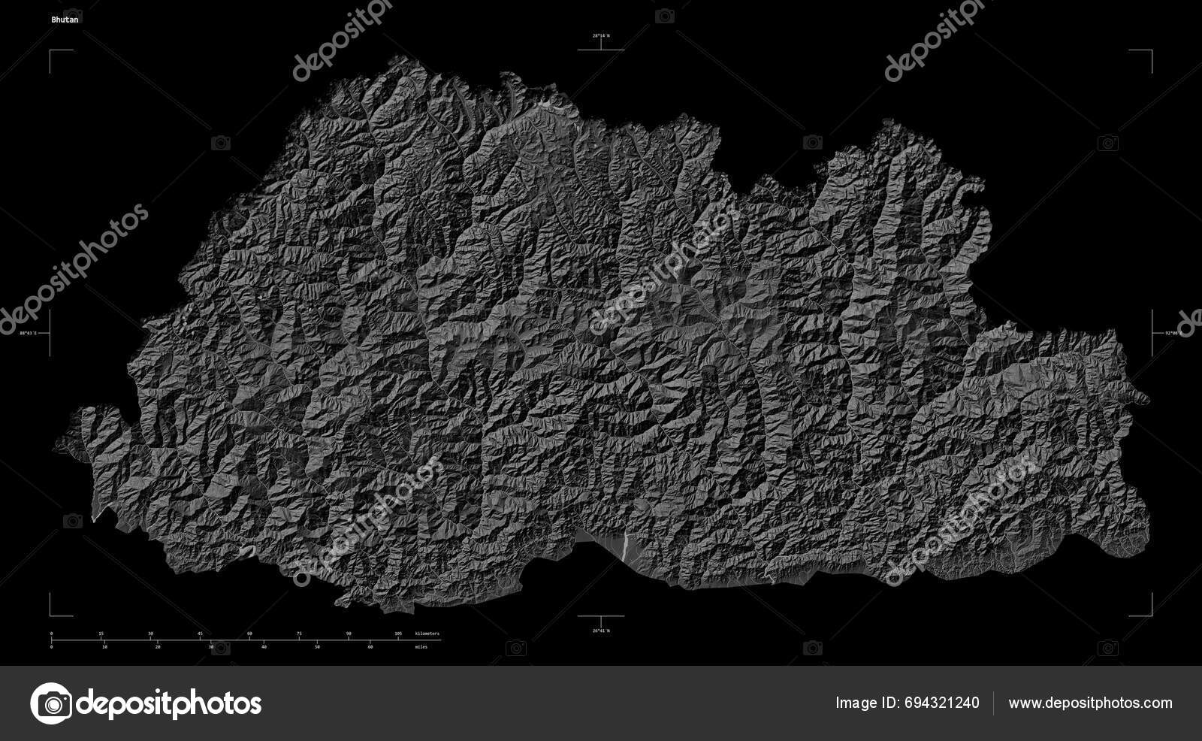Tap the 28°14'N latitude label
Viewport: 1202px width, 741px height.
pyautogui.click(x=600, y=36)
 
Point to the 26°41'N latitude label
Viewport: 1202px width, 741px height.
pyautogui.click(x=600, y=630)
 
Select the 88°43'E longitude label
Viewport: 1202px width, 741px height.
pyautogui.click(x=29, y=332)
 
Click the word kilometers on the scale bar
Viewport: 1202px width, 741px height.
pyautogui.click(x=427, y=634)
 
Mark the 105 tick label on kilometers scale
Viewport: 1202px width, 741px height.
pyautogui.click(x=398, y=634)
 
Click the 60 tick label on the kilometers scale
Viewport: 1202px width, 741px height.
pyautogui.click(x=249, y=634)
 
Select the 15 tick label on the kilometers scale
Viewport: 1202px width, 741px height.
pyautogui.click(x=101, y=634)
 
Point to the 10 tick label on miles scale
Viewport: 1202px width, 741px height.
pyautogui.click(x=104, y=646)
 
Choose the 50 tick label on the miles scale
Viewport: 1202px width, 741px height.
pyautogui.click(x=317, y=646)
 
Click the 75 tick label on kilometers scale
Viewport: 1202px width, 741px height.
pyautogui.click(x=299, y=634)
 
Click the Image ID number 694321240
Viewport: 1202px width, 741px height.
pyautogui.click(x=942, y=703)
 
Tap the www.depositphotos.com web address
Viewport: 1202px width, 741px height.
pyautogui.click(x=1090, y=703)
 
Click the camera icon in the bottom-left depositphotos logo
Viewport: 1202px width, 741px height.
pyautogui.click(x=50, y=703)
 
